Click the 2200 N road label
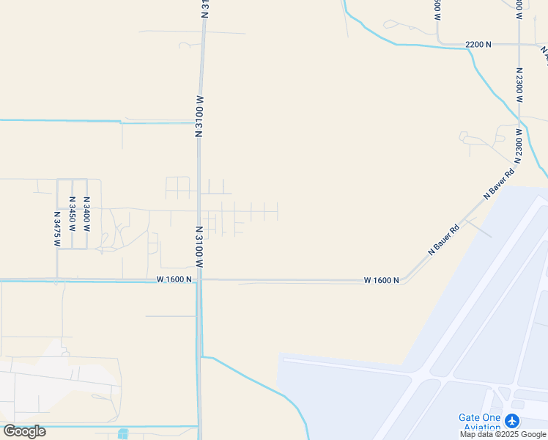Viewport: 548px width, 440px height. click(x=478, y=45)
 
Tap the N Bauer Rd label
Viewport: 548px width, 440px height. click(x=443, y=239)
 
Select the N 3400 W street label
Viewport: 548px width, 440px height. click(x=86, y=214)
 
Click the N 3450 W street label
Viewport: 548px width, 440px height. click(x=72, y=214)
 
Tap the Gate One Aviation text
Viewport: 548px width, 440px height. click(x=480, y=422)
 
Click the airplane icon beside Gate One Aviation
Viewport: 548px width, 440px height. click(x=512, y=421)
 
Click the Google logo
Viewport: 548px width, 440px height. click(x=24, y=431)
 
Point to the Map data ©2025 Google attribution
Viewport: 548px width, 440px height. click(x=503, y=434)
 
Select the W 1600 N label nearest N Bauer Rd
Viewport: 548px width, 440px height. click(x=382, y=280)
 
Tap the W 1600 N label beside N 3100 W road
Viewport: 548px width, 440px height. click(x=174, y=279)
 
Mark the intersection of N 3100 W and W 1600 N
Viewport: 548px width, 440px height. click(x=199, y=279)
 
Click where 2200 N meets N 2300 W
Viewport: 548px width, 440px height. click(x=519, y=45)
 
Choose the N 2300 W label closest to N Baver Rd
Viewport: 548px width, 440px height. click(x=518, y=145)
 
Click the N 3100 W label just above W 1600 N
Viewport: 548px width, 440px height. click(x=199, y=246)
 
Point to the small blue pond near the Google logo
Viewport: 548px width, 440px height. click(x=122, y=434)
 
